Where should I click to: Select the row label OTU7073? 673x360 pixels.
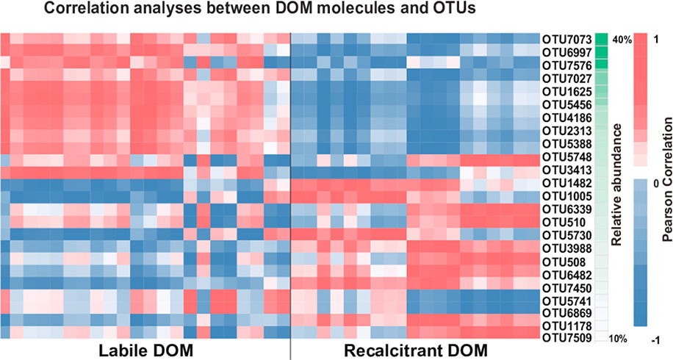[x=566, y=38]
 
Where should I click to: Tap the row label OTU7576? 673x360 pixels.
[x=566, y=65]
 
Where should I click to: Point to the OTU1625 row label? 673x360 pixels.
[x=566, y=91]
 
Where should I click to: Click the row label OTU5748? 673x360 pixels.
[x=566, y=156]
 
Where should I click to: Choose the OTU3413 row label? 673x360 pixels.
[x=566, y=170]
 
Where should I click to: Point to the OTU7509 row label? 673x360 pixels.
[x=566, y=339]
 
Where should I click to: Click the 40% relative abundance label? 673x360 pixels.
[x=622, y=40]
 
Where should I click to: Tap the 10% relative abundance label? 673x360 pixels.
[x=619, y=339]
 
